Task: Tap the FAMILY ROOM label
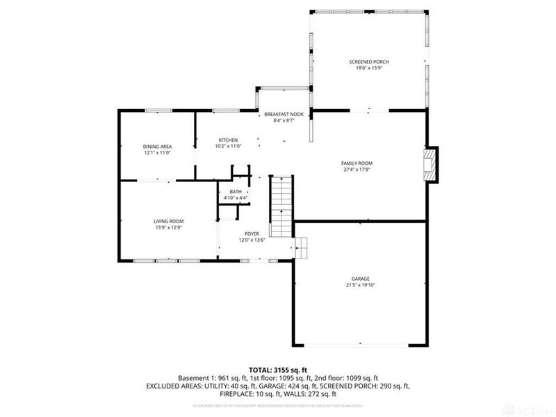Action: (357, 163)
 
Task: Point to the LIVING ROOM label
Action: (168, 221)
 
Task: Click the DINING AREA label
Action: (157, 147)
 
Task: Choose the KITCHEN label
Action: (228, 140)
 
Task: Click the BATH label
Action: (236, 192)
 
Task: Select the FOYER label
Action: (252, 234)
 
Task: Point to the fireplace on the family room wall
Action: (432, 165)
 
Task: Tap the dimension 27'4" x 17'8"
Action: (357, 169)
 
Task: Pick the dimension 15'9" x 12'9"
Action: (168, 227)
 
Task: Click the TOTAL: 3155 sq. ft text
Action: (278, 370)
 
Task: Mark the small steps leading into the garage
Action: (300, 246)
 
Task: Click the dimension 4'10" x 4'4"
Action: (236, 198)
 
